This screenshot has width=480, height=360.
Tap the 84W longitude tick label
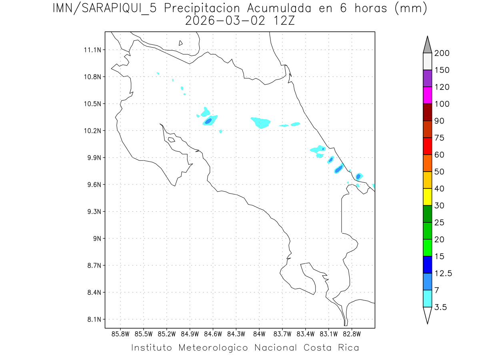pyautogui.click(x=259, y=334)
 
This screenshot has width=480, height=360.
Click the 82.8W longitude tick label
pyautogui.click(x=352, y=334)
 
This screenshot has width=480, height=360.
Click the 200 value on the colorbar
pyautogui.click(x=442, y=54)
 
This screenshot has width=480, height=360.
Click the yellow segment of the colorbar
pyautogui.click(x=427, y=197)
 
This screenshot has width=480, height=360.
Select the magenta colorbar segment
pyautogui.click(x=427, y=95)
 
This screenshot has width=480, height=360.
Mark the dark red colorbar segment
pyautogui.click(x=427, y=112)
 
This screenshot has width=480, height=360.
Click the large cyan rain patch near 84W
pyautogui.click(x=261, y=122)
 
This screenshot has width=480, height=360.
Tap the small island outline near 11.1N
pyautogui.click(x=181, y=43)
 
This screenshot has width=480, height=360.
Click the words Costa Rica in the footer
pyautogui.click(x=331, y=348)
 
